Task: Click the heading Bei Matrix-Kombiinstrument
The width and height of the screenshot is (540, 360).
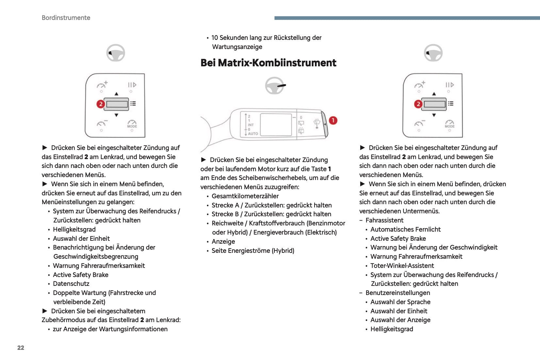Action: pyautogui.click(x=268, y=63)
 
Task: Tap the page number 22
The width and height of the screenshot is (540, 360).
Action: pyautogui.click(x=21, y=348)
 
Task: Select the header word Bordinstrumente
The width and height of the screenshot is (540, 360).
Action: pyautogui.click(x=66, y=18)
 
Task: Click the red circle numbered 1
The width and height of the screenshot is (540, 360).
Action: pyautogui.click(x=333, y=121)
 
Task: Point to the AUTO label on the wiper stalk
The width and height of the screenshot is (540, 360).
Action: pyautogui.click(x=253, y=134)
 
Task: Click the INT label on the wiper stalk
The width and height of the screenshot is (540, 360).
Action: pyautogui.click(x=251, y=125)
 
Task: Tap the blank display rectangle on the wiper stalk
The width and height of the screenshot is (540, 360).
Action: pyautogui.click(x=276, y=124)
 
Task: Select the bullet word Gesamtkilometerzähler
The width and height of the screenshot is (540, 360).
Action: pyautogui.click(x=245, y=196)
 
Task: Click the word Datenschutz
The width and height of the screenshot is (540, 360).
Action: pyautogui.click(x=71, y=284)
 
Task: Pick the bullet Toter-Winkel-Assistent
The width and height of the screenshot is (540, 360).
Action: pyautogui.click(x=402, y=266)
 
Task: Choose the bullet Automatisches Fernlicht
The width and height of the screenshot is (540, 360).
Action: pyautogui.click(x=405, y=229)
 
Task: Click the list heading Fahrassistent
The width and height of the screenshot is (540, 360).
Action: pyautogui.click(x=385, y=220)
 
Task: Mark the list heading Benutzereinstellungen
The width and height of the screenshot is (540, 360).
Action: pyautogui.click(x=398, y=293)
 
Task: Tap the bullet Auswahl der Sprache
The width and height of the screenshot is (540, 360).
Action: pyautogui.click(x=400, y=302)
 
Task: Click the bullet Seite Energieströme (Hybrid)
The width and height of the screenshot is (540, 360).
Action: pyautogui.click(x=253, y=251)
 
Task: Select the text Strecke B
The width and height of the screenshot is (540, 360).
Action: pyautogui.click(x=225, y=214)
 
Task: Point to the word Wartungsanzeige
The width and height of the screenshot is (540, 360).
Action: pyautogui.click(x=237, y=47)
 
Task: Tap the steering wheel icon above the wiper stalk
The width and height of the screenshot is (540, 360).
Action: pyautogui.click(x=275, y=86)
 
